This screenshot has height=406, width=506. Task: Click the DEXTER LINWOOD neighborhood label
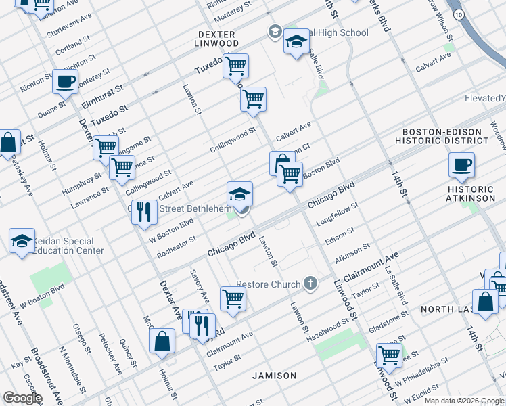[x=218, y=39]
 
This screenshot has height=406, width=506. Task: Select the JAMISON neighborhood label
[x=275, y=376]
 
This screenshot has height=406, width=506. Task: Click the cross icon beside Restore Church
[x=310, y=283]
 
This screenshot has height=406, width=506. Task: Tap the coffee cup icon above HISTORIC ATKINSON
[x=461, y=165]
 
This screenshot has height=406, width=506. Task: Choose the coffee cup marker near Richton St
[x=65, y=82]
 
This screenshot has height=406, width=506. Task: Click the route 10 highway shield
[x=459, y=14]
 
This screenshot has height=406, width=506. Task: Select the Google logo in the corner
[x=22, y=398]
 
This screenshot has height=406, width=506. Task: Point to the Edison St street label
[x=340, y=235]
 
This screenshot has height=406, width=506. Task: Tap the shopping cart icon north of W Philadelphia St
[x=389, y=355]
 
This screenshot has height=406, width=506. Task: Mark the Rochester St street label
[x=176, y=247]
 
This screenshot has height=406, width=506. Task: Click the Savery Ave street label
[x=200, y=287]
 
